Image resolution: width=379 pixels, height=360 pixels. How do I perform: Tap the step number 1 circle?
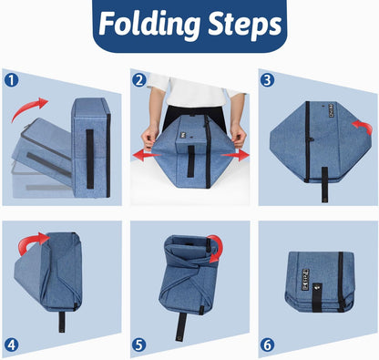[x=12, y=81]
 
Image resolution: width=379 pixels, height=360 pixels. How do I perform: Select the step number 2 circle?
[x=139, y=80]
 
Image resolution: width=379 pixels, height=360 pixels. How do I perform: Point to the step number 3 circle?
[x=268, y=80]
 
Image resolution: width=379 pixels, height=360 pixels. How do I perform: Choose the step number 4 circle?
[x=12, y=345]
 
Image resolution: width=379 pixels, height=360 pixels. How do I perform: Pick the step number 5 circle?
[x=139, y=345]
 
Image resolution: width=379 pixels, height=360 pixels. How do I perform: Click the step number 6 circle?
[x=268, y=345]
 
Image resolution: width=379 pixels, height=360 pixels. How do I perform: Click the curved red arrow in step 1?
[x=26, y=108]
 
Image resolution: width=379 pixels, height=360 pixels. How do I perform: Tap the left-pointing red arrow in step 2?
[x=147, y=156]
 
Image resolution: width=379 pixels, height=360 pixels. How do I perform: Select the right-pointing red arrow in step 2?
[x=235, y=155]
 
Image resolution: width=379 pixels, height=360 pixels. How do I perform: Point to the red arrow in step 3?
[x=364, y=127]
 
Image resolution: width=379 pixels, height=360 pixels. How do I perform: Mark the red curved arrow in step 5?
[x=217, y=247]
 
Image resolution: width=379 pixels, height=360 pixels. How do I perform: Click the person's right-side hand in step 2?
[x=238, y=136]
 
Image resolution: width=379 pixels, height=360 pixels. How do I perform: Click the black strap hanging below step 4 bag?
[x=62, y=322]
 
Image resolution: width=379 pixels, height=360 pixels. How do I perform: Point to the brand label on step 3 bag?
[x=331, y=111]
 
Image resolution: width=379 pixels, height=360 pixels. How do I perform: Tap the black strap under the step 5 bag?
[x=181, y=327]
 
